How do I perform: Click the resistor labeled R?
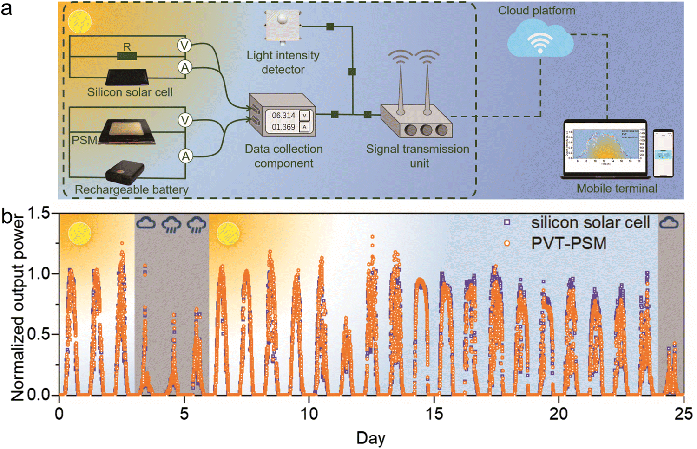point(127,56)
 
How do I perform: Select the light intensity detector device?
point(283,25)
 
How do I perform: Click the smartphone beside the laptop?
point(663,153)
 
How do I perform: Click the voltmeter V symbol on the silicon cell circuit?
point(184,46)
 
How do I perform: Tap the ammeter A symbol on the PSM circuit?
point(185,156)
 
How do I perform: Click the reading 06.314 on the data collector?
point(283,116)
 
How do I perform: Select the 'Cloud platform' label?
point(536,11)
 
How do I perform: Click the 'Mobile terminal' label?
point(617,189)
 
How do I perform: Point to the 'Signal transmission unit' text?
point(417,156)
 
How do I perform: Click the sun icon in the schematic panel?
point(79,21)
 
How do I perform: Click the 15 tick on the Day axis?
point(434,413)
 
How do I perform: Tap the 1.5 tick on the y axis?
point(39,214)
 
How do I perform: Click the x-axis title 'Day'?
point(370,438)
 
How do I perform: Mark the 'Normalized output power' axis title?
point(18,306)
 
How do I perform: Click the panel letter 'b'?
point(7,216)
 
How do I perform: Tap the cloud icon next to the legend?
point(669,223)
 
